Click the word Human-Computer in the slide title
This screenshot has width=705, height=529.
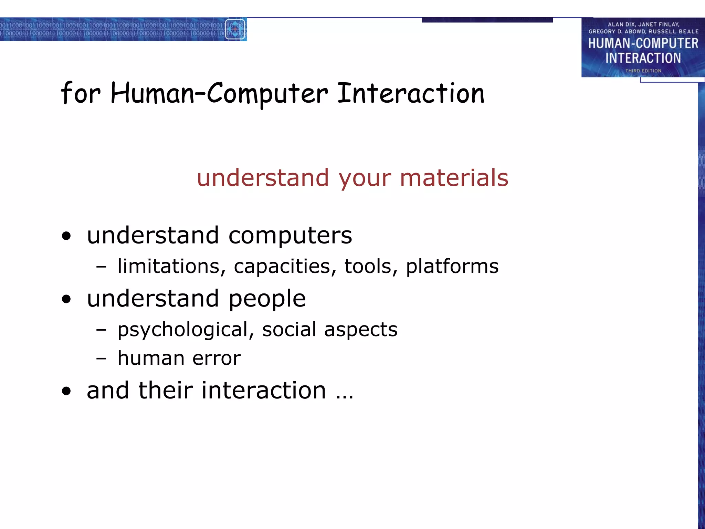[x=219, y=94]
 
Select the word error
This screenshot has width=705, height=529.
[x=217, y=359]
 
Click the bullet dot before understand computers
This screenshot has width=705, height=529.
[x=66, y=236]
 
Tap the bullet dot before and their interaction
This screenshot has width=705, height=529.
[x=66, y=391]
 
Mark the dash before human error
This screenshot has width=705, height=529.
[x=101, y=359]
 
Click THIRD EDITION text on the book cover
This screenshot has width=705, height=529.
[x=643, y=71]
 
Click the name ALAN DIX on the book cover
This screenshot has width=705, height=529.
[x=621, y=24]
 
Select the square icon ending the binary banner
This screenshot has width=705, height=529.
[x=235, y=29]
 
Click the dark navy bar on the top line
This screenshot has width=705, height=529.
[x=487, y=20]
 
